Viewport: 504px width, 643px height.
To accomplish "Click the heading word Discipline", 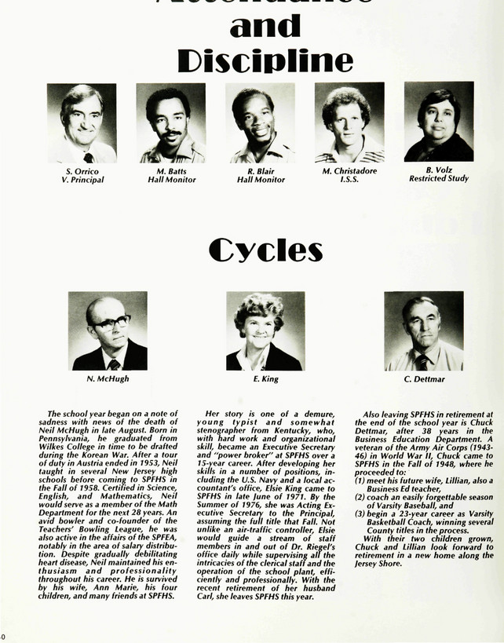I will pos(265,61).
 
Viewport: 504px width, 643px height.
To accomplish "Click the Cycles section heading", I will pos(265,250).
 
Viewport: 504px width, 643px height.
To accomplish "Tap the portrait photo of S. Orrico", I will pos(82,123).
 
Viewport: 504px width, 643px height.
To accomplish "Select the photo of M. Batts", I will pos(171,123).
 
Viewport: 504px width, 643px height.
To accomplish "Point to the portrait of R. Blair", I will pos(261,123).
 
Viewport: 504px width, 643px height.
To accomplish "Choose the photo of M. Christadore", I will pos(349,123).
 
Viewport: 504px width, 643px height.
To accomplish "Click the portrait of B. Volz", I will pos(439,122).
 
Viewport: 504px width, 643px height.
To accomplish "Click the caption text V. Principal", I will pos(82,180).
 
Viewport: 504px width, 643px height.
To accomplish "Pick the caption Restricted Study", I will pos(439,179).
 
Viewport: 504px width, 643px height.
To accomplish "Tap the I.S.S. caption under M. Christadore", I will pos(349,180).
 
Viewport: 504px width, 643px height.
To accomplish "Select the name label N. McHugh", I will pos(108,378).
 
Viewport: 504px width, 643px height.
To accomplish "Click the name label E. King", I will pos(265,378).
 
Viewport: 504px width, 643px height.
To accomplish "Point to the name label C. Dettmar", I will pos(424,378).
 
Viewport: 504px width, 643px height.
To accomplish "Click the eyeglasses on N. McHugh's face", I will pos(110,322).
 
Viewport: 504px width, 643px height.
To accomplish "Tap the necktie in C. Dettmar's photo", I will pos(422,362).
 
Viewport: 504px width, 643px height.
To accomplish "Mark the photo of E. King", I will pos(265,331).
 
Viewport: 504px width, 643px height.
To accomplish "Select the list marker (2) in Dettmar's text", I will pos(360,497).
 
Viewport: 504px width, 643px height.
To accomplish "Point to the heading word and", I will pos(265,25).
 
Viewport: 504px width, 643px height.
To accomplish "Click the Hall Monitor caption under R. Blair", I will pos(261,180).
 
